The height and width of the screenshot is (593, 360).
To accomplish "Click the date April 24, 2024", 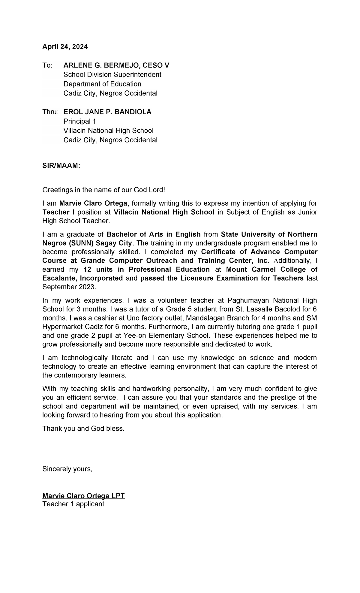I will point(65,47).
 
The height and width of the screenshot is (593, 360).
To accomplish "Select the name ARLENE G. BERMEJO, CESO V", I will point(116,65).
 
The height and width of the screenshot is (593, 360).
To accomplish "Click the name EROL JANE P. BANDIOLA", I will point(107,112).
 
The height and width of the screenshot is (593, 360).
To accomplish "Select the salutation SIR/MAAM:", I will point(61,166).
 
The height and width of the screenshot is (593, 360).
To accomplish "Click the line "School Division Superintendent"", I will point(112,75).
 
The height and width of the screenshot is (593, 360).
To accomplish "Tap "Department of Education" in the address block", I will point(102,84).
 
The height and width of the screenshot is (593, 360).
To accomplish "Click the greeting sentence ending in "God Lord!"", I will point(104,190).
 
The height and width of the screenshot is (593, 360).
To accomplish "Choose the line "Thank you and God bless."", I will point(83,429).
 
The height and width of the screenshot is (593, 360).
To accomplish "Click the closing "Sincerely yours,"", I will point(67,469).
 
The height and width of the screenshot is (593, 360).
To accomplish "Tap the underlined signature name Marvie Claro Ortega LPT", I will point(83,496).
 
